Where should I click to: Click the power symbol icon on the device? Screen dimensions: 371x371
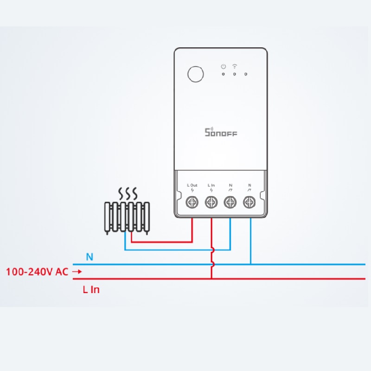(224, 66)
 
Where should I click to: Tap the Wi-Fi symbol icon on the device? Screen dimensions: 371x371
(235, 66)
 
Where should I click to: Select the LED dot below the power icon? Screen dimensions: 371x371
(223, 74)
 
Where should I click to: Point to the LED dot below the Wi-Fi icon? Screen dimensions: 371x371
(235, 74)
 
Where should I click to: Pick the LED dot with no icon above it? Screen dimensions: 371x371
(246, 74)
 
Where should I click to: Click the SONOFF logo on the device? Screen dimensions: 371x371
(221, 132)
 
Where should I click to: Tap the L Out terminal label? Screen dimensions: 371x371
(192, 185)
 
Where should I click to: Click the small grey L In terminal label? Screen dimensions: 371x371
(211, 185)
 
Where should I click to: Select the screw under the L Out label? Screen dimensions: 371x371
(192, 202)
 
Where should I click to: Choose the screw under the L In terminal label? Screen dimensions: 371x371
(211, 202)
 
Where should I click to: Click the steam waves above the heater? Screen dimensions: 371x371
(128, 194)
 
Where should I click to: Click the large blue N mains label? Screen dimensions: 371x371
(90, 257)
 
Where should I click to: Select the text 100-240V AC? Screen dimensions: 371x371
(37, 272)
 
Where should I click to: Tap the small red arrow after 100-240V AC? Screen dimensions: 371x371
(77, 272)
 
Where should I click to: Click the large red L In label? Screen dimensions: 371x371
(91, 289)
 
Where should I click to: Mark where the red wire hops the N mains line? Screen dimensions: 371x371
(212, 264)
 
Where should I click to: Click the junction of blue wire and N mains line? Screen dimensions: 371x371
(251, 264)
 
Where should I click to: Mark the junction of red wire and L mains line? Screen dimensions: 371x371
(211, 279)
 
